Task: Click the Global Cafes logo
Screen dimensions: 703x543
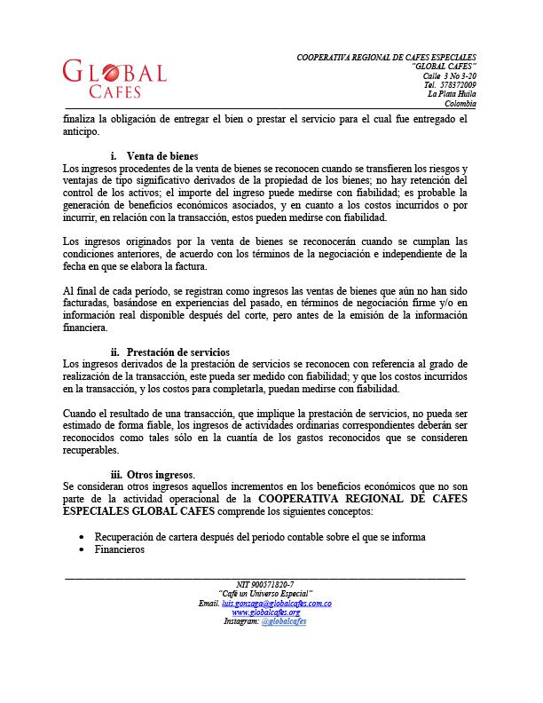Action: coord(114,78)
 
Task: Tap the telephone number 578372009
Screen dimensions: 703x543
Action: coord(458,85)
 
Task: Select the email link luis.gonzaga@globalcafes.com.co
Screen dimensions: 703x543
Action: coord(276,604)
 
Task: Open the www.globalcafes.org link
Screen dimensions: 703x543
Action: coord(265,612)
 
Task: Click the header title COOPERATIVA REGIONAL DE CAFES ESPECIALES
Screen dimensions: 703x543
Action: coord(386,58)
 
